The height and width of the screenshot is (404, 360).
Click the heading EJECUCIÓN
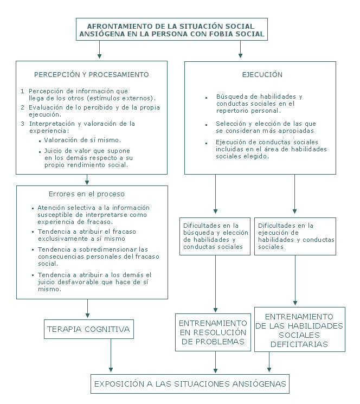point(262,75)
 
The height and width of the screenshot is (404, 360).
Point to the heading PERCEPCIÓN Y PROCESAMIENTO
point(92,75)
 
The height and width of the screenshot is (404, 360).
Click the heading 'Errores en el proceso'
point(87,194)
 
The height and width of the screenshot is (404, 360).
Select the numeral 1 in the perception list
point(23,91)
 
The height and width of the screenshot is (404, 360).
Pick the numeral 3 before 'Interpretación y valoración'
point(23,124)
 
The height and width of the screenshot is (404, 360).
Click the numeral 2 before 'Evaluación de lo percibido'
point(23,107)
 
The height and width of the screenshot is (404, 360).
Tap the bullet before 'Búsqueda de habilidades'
point(206,98)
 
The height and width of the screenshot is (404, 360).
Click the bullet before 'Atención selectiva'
point(33,208)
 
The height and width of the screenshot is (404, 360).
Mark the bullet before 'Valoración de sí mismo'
point(40,141)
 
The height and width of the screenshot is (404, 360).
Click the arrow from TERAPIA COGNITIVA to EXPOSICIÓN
point(111,355)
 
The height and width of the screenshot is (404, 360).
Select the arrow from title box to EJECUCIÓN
point(241,49)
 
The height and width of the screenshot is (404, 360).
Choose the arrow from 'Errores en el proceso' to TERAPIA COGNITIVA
point(87,309)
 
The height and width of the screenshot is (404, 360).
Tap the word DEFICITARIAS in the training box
point(299,344)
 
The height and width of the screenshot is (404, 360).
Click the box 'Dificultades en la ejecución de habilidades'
point(295,236)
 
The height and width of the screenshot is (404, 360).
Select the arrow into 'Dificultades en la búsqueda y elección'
point(216,194)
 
